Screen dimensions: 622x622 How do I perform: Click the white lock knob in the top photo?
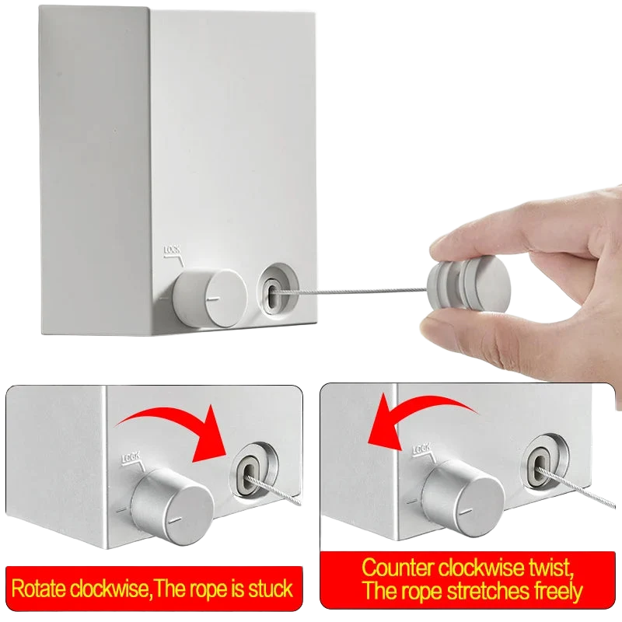click(210, 298)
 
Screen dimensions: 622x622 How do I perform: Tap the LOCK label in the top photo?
click(172, 250)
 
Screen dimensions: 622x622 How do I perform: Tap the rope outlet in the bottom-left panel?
click(249, 470)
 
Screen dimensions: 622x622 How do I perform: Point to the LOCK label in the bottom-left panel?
click(131, 456)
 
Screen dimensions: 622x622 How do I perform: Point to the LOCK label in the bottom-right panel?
click(421, 449)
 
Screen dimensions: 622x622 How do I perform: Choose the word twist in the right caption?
click(551, 568)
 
